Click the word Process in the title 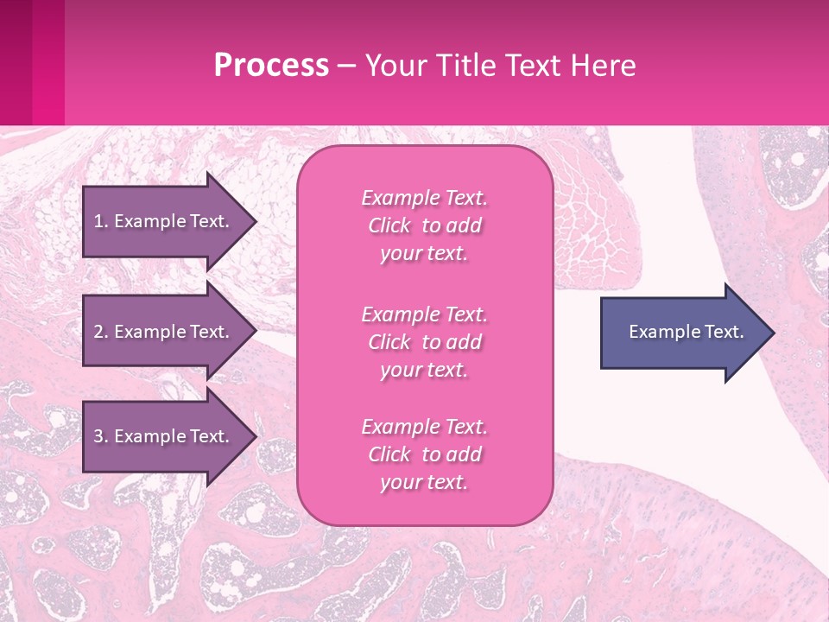pos(271,66)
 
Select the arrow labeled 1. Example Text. pos(164,221)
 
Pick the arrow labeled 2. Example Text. pos(164,332)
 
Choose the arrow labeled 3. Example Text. pos(164,436)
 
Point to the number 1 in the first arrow pos(98,221)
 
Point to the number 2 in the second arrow pos(98,332)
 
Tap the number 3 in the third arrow pos(98,436)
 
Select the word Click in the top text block pos(389,225)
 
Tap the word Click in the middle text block pos(389,342)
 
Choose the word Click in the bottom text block pos(389,454)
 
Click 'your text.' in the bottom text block pos(424,483)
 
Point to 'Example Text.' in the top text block pos(424,198)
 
